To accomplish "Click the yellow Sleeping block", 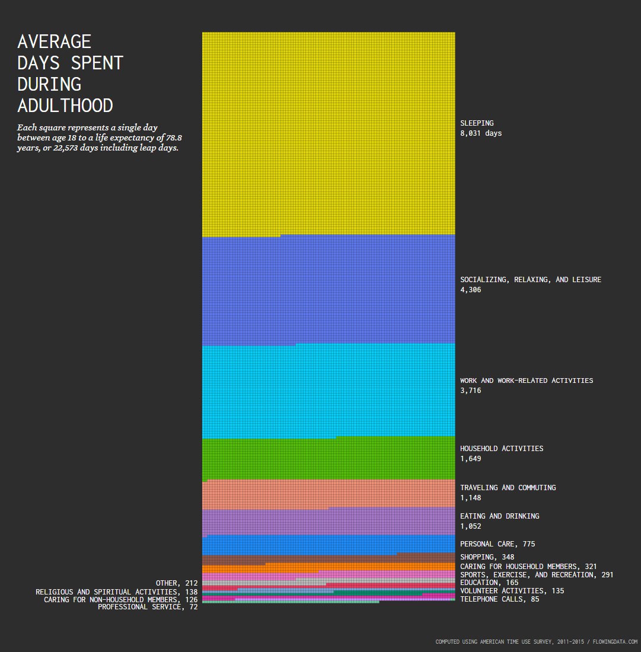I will pyautogui.click(x=329, y=133).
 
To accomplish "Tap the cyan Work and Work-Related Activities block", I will pyautogui.click(x=329, y=391).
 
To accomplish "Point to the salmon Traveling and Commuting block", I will pyautogui.click(x=329, y=494).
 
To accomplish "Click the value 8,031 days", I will pyautogui.click(x=481, y=133).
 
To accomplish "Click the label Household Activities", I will pyautogui.click(x=501, y=449).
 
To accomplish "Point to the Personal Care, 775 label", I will pyautogui.click(x=498, y=544).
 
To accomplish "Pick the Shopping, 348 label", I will pyautogui.click(x=487, y=557).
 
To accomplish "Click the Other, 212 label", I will pyautogui.click(x=176, y=583).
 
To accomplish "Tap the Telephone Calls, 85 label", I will pyautogui.click(x=499, y=599).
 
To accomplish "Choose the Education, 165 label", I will pyautogui.click(x=489, y=583).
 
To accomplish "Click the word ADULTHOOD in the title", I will pyautogui.click(x=65, y=106).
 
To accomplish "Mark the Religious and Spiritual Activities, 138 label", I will pyautogui.click(x=116, y=592).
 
